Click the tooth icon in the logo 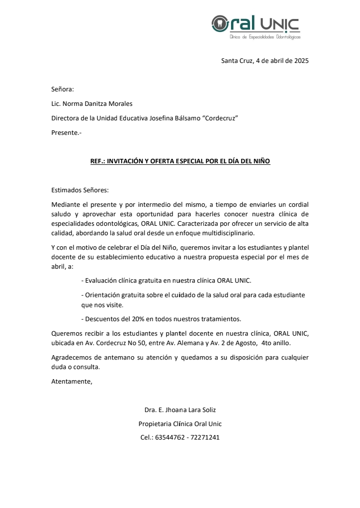tap(218, 23)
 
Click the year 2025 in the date tap(301, 61)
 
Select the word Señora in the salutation tap(62, 89)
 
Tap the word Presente tap(65, 133)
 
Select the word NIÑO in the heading tap(260, 162)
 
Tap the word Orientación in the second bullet tap(103, 295)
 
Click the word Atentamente tap(72, 382)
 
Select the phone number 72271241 tap(205, 438)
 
